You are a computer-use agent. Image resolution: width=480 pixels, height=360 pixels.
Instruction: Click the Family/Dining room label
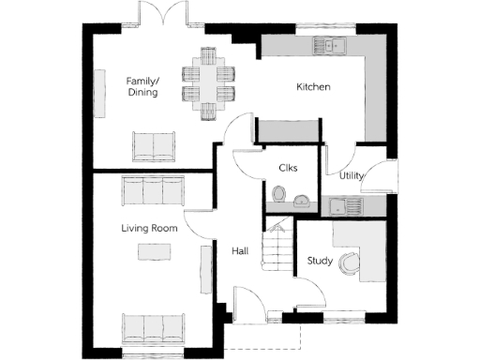[x=142, y=86]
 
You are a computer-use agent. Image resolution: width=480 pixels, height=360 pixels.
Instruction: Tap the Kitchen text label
[x=313, y=87]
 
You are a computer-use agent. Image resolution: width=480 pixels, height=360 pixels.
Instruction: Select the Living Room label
[x=149, y=228]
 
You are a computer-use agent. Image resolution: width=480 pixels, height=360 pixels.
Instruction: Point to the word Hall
[x=239, y=251]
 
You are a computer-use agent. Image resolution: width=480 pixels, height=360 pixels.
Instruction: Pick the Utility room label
[x=352, y=175]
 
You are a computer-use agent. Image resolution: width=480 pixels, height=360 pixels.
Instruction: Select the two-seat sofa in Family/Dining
[x=154, y=145]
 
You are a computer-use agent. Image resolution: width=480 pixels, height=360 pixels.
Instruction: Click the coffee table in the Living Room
[x=150, y=251]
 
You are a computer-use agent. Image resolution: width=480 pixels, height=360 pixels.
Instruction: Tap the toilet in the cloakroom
[x=277, y=194]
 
